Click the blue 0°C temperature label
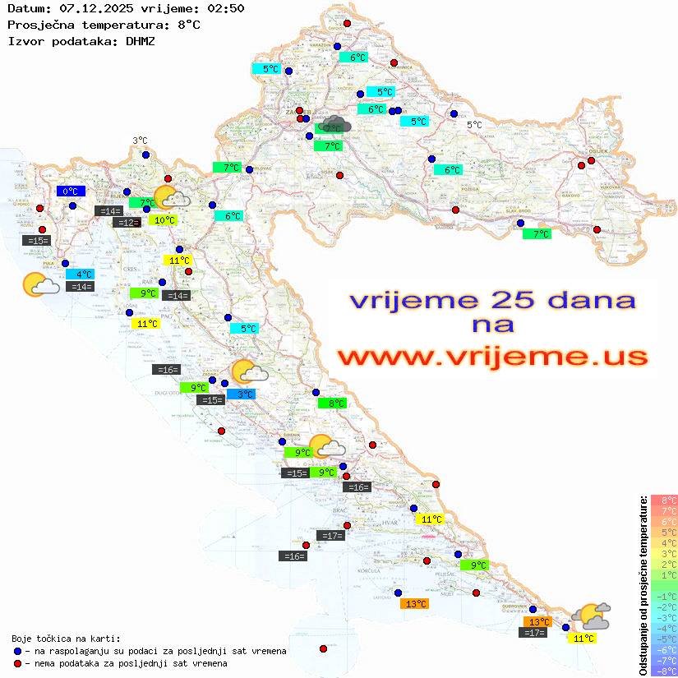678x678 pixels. [x=71, y=191]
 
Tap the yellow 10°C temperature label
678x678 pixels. [x=163, y=220]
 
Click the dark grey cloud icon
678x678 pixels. [x=335, y=125]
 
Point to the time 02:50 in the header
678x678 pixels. [x=221, y=8]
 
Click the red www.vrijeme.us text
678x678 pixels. [x=492, y=357]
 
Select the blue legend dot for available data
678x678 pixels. [x=18, y=651]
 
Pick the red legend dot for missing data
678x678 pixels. [x=18, y=663]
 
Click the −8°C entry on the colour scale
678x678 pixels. [x=664, y=671]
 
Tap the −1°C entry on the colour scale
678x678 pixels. [x=664, y=596]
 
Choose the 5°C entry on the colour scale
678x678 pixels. [x=664, y=532]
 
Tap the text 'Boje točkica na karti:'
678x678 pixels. [x=66, y=639]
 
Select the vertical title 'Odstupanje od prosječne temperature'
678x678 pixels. [x=643, y=585]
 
